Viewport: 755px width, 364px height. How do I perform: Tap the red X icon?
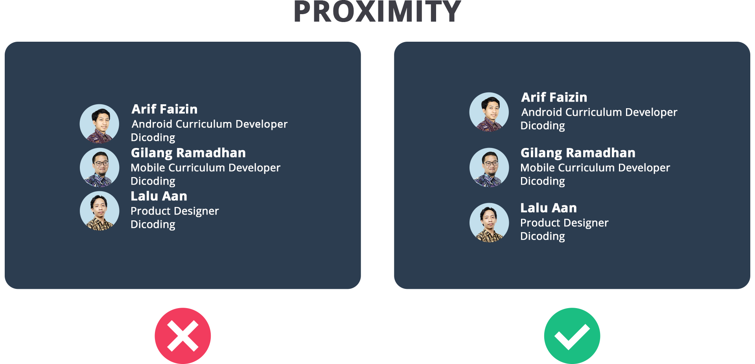click(183, 336)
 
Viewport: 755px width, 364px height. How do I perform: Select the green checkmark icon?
click(572, 336)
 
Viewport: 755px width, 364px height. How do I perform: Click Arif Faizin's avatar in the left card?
click(99, 124)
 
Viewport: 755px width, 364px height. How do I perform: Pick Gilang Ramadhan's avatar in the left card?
click(99, 167)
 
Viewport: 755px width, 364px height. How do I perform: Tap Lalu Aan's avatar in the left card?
click(99, 211)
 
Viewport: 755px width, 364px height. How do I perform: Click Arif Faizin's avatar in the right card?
click(489, 112)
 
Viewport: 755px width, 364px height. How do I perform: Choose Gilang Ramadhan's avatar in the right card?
click(489, 167)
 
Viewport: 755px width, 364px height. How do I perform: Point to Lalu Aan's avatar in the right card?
click(489, 222)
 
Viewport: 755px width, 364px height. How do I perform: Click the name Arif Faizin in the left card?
click(164, 109)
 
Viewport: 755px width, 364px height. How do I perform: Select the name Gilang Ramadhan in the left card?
click(188, 153)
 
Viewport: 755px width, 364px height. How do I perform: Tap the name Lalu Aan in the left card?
click(159, 196)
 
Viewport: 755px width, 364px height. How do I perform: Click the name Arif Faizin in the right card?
click(554, 97)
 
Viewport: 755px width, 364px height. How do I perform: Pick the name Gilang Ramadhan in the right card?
click(578, 153)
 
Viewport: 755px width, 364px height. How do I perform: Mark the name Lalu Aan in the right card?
click(549, 208)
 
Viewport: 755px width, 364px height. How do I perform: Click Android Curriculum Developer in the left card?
click(210, 124)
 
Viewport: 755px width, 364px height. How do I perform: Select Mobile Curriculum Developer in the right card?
click(595, 168)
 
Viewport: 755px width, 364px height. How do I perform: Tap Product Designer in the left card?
click(175, 211)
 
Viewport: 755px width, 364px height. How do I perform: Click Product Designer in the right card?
click(564, 223)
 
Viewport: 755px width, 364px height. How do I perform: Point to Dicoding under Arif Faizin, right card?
click(543, 126)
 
